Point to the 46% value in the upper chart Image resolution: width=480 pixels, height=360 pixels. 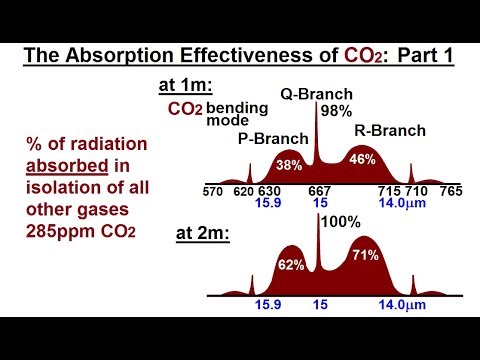[x=363, y=158]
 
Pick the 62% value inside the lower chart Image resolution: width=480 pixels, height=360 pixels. [x=291, y=266]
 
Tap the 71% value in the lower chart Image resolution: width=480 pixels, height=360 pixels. [x=364, y=255]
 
